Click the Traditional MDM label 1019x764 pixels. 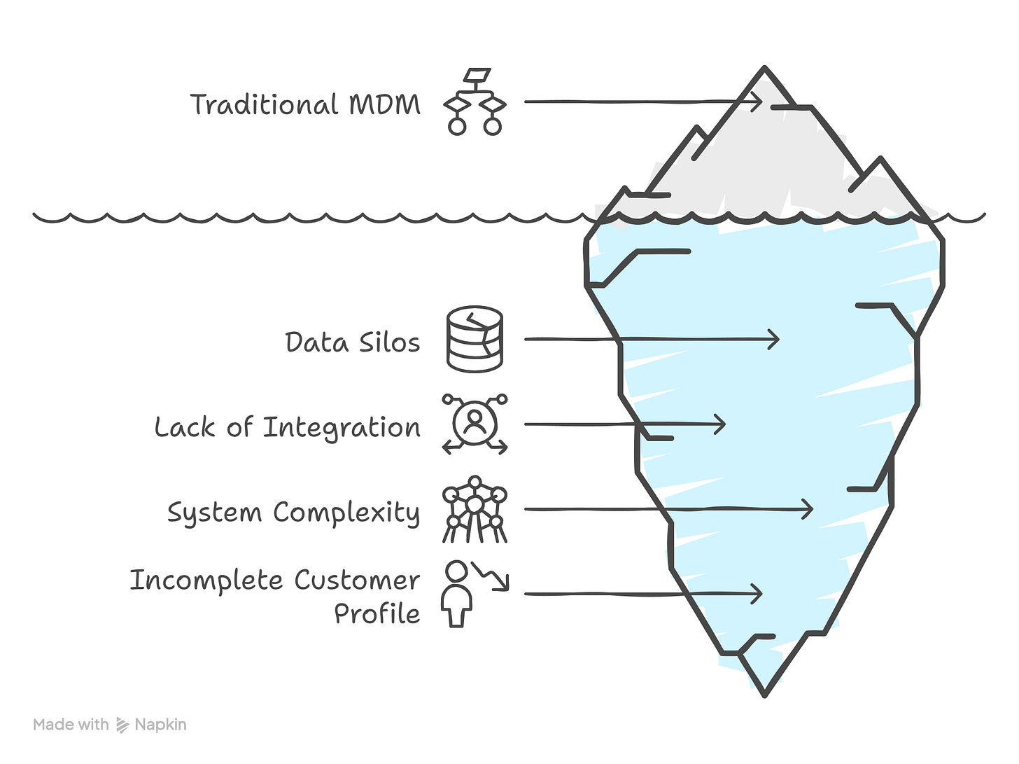click(x=305, y=104)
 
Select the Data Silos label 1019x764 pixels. click(x=353, y=342)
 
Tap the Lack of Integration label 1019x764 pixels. click(x=287, y=427)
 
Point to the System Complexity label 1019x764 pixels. click(x=293, y=513)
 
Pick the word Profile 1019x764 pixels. click(x=377, y=613)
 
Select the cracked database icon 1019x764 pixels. click(x=475, y=339)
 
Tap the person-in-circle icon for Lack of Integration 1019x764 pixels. click(x=475, y=424)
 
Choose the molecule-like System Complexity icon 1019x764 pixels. click(x=475, y=509)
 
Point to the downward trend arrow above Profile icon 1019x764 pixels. click(x=492, y=576)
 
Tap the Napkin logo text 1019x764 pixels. click(x=160, y=725)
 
